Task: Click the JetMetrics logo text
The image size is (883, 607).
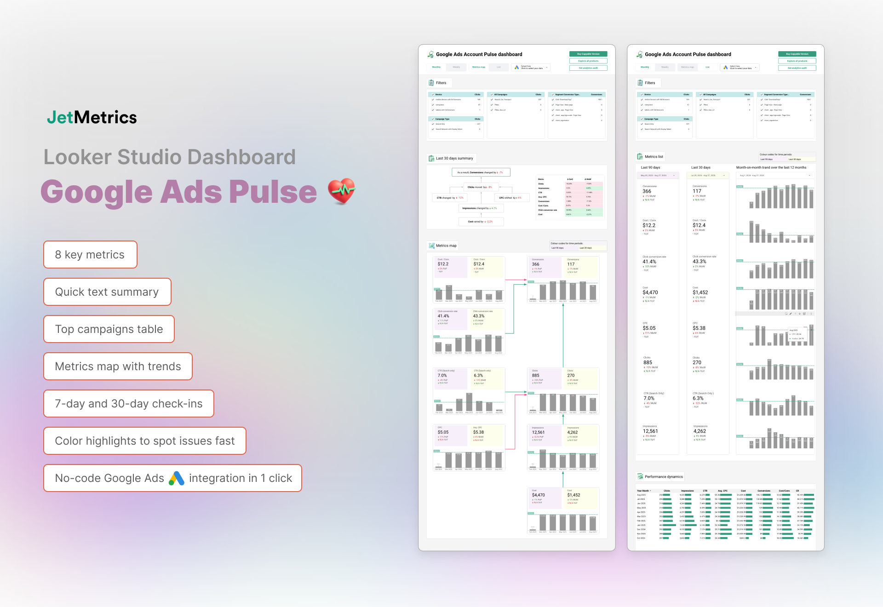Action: pos(92,118)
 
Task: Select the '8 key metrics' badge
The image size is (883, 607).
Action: pos(90,255)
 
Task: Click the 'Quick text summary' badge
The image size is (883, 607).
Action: pos(107,292)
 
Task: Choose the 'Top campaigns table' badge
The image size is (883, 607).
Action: pos(109,329)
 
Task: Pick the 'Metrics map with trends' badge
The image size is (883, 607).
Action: pos(118,366)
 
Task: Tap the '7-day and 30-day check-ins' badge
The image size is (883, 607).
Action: pos(129,404)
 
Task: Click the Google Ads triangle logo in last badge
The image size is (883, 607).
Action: pos(177,478)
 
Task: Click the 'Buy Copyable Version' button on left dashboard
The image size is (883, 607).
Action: pos(588,54)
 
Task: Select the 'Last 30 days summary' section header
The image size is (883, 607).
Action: pos(454,158)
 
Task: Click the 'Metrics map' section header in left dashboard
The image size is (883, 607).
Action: pos(446,246)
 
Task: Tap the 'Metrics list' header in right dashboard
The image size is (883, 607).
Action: pos(654,157)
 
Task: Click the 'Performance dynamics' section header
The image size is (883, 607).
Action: pos(663,477)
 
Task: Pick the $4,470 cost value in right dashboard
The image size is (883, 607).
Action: pos(650,292)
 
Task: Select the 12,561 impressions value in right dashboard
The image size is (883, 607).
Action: pos(650,431)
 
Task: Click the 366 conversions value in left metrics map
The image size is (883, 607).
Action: pos(536,264)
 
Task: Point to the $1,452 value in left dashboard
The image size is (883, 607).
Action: pos(573,495)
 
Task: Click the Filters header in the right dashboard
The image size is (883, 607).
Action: pos(649,83)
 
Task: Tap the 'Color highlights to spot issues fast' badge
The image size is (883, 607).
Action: pos(145,441)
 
